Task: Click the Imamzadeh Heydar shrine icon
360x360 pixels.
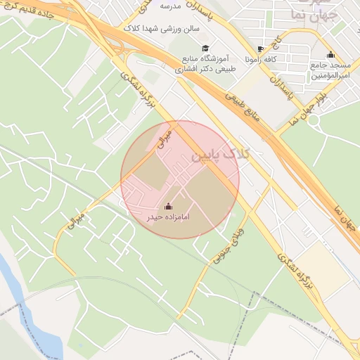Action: (x=168, y=207)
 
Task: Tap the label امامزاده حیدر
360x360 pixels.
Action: (x=168, y=218)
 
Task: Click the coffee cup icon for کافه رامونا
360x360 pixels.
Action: (x=260, y=49)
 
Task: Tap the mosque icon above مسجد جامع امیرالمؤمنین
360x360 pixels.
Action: (x=330, y=55)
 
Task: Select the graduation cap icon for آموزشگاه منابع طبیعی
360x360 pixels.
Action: (x=205, y=49)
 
